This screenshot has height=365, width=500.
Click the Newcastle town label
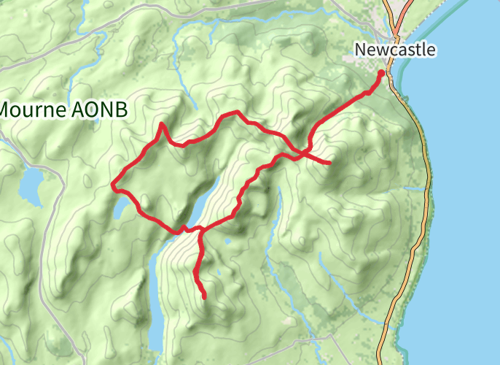click(396, 50)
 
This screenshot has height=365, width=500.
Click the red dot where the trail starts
click(381, 73)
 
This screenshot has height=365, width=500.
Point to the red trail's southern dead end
click(204, 297)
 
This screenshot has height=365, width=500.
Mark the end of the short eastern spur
click(329, 162)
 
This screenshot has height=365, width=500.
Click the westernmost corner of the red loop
click(112, 186)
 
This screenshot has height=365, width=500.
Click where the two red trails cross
click(301, 152)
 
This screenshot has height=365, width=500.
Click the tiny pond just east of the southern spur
click(227, 241)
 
